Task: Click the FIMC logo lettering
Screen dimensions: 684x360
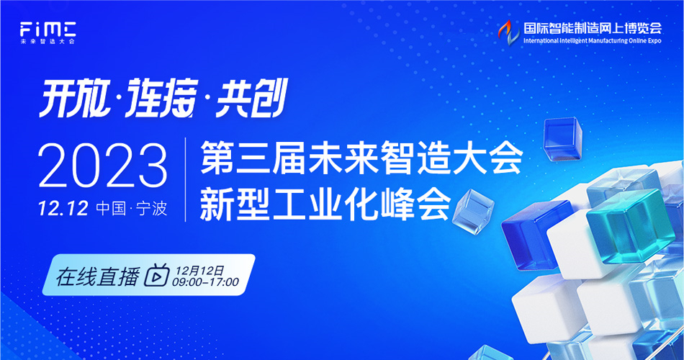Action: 48,30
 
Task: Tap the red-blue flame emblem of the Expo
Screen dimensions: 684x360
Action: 509,32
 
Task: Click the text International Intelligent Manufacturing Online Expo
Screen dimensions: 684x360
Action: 593,40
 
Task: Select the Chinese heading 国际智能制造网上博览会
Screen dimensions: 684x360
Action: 593,28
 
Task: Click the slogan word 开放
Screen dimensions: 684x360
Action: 73,98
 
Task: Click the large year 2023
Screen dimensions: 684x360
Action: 103,166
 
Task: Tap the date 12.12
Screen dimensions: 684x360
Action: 63,209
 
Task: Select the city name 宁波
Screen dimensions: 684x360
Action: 151,209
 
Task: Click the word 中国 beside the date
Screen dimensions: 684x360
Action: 111,209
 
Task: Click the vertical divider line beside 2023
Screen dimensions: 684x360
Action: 185,179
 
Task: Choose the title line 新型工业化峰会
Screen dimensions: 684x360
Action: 325,203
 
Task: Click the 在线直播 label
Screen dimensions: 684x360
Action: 97,276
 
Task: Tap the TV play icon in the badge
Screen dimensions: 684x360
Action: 157,275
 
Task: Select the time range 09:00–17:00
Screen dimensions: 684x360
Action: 205,282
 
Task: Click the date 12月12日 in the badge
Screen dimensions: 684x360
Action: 199,271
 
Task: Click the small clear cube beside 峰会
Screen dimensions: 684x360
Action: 473,212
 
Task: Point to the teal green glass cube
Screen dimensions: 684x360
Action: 630,226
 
